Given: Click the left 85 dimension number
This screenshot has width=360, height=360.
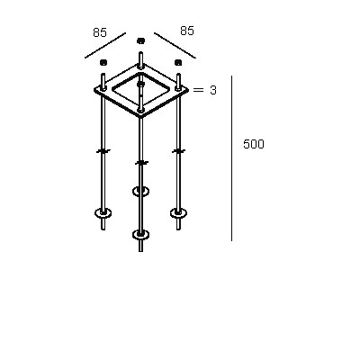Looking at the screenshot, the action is tap(100, 32).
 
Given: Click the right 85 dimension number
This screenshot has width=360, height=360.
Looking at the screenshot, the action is tap(187, 31).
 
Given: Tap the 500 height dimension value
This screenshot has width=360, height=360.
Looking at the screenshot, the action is tap(254, 144).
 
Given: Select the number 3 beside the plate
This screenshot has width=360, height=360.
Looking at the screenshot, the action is tap(213, 90).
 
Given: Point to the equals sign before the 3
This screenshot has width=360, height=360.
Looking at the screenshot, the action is tap(198, 89).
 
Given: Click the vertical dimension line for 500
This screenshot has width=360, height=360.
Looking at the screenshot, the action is tap(231, 158).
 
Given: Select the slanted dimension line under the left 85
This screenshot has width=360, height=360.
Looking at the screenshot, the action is tap(105, 45).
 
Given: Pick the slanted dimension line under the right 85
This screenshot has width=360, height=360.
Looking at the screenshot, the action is tap(175, 45).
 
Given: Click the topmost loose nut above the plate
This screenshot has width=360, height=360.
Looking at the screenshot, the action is tap(140, 40).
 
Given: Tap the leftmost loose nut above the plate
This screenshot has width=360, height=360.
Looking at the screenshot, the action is tap(103, 62).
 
